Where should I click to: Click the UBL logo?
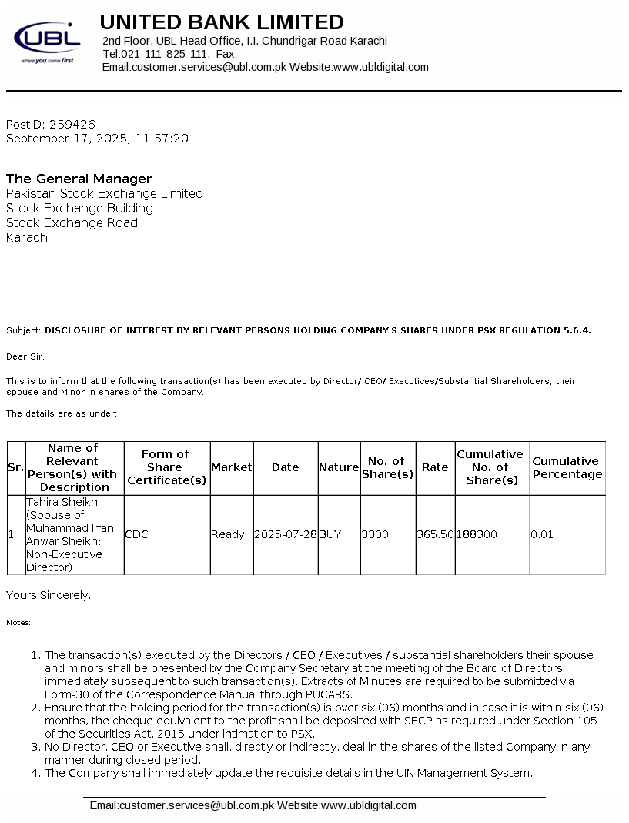coord(47,42)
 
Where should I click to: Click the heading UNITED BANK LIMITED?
coord(222,22)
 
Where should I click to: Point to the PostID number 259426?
coord(72,124)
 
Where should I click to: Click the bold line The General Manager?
coord(79,179)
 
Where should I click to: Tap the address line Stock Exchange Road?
coord(72,222)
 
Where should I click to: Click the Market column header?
coord(231,467)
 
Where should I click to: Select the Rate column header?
coord(435,467)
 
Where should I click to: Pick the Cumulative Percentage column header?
coord(567,467)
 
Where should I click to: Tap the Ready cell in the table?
coord(228,534)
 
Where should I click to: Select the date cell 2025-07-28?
coord(285,534)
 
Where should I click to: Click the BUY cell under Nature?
coord(330,534)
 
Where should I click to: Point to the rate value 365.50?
coord(435,534)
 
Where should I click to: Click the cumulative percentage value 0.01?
coord(542,534)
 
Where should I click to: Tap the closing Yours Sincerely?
coord(49,595)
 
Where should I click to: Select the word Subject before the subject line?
coord(23,330)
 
